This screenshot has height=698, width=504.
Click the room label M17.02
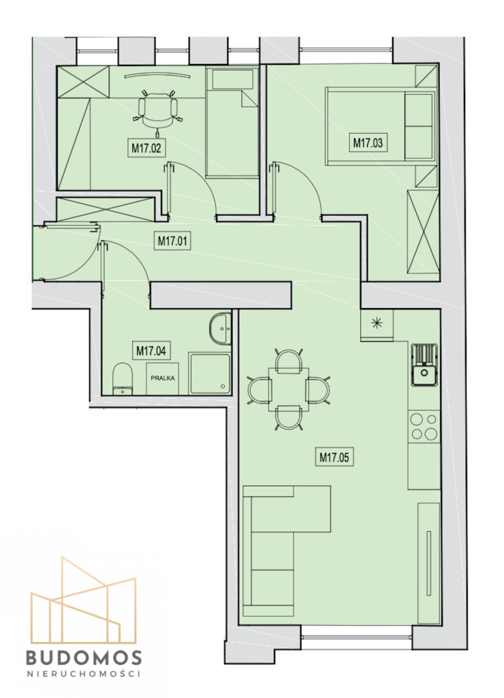tap(146, 148)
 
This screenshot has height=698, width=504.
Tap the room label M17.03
tap(368, 143)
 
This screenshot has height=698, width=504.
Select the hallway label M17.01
tap(173, 241)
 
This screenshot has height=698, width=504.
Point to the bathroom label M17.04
tap(151, 351)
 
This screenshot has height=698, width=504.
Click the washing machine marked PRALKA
tap(163, 378)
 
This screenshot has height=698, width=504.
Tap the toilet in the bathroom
tap(123, 379)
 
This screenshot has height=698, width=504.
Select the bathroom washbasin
tap(220, 329)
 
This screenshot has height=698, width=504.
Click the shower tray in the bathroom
tap(210, 374)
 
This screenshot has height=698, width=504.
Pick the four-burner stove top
tap(424, 427)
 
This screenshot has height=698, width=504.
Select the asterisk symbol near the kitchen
tap(377, 323)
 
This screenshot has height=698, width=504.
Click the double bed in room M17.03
tap(381, 125)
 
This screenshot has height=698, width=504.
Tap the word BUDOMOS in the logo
tap(84, 658)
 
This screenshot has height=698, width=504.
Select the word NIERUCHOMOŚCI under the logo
tap(84, 673)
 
